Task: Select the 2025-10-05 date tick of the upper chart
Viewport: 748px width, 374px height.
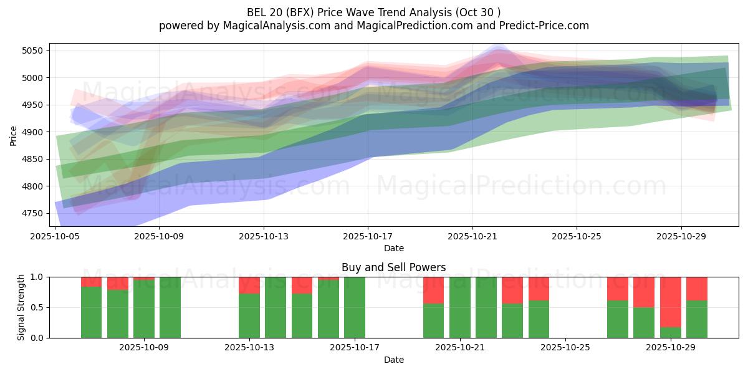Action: pos(56,236)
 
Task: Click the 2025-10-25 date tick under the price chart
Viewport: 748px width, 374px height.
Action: pos(576,236)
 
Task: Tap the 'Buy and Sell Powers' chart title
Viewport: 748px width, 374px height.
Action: pos(393,267)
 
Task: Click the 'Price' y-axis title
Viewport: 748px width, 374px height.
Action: pos(14,135)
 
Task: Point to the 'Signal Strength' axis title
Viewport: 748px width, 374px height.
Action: pos(21,307)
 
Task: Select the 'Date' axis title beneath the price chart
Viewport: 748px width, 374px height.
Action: pos(393,248)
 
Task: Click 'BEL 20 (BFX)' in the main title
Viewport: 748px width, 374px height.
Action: pos(279,12)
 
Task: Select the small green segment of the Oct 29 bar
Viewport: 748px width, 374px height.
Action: pos(671,332)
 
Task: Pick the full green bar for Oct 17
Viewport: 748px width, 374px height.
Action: pos(355,307)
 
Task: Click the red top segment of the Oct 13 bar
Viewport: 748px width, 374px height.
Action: pos(249,285)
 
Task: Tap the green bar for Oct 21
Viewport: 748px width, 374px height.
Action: pos(460,307)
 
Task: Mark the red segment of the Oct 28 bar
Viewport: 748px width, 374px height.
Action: pos(644,292)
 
